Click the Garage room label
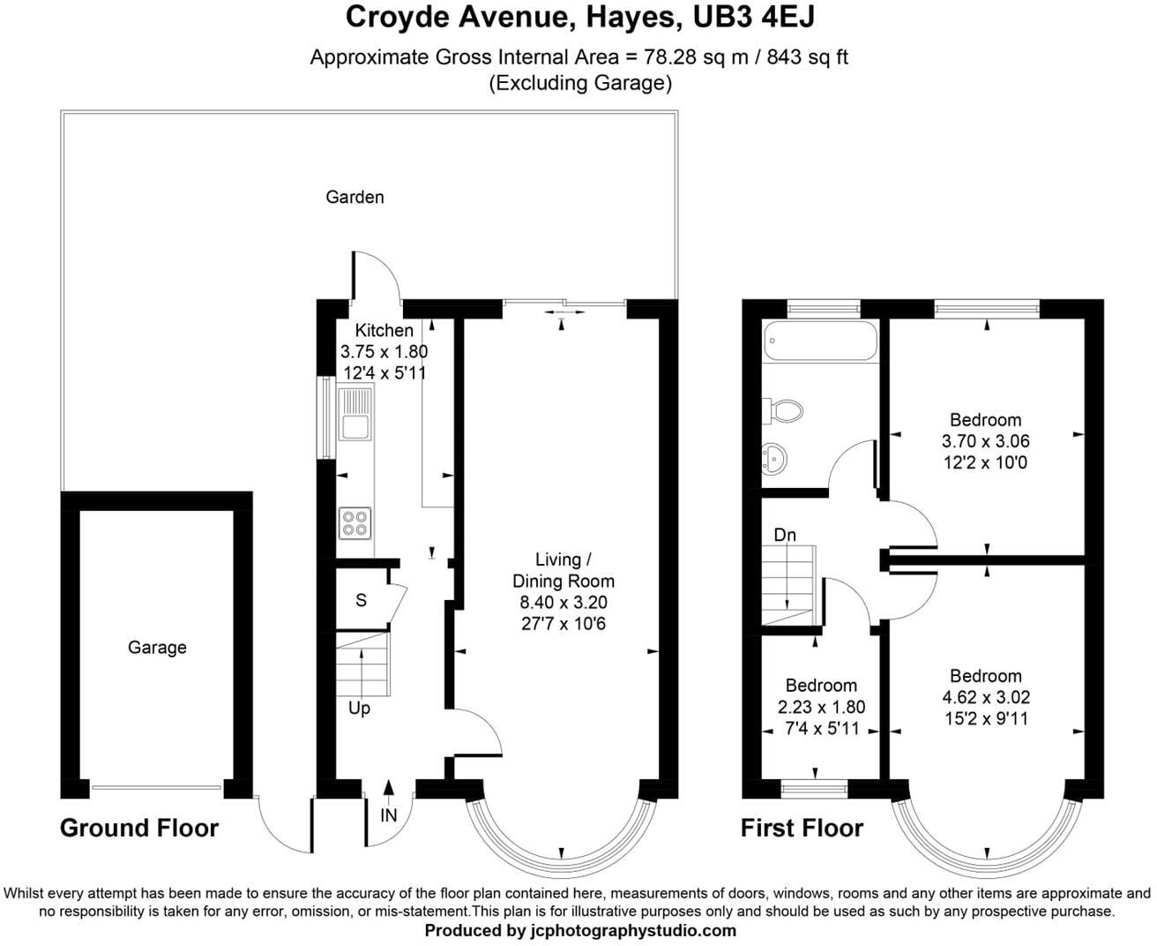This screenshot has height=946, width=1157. pos(157,648)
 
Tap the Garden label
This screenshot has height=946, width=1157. pos(355,197)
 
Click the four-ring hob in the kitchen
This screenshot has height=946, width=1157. pos(355,523)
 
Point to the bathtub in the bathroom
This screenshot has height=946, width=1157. pos(820,341)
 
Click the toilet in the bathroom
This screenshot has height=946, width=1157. pos(785,409)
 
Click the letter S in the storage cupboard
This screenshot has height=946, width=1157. pos(361,601)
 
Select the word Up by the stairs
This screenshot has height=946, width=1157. pos(359,709)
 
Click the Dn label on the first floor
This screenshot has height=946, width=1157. pos(785,535)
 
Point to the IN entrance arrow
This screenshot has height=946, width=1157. pos(389,792)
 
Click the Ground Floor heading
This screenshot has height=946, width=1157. pos(139,829)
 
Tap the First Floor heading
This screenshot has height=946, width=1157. pos(802,829)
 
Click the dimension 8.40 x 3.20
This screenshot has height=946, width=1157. pos(563,603)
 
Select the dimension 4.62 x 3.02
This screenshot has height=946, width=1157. pos(986,697)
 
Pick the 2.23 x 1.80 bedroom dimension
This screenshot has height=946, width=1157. pos(821,707)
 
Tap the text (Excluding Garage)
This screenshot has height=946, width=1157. pos(580,84)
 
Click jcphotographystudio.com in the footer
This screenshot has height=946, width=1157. pos(632,930)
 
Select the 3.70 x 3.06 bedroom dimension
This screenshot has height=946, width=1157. pos(986,441)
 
